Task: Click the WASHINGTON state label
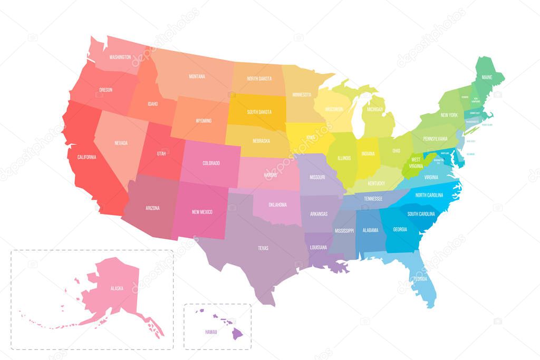pyautogui.click(x=120, y=57)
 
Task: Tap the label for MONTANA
pyautogui.click(x=197, y=76)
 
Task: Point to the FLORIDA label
pyautogui.click(x=420, y=278)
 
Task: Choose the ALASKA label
pyautogui.click(x=117, y=288)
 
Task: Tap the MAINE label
pyautogui.click(x=487, y=77)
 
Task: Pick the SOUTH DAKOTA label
pyautogui.click(x=259, y=112)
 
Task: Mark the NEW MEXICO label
pyautogui.click(x=202, y=212)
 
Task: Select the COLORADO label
pyautogui.click(x=211, y=163)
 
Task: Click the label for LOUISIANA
pyautogui.click(x=319, y=247)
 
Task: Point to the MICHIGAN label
pyautogui.click(x=375, y=110)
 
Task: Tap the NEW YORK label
pyautogui.click(x=449, y=115)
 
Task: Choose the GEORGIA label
pyautogui.click(x=400, y=229)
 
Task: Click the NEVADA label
pyautogui.click(x=121, y=143)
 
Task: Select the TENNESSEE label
pyautogui.click(x=373, y=199)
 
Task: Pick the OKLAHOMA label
pyautogui.click(x=277, y=205)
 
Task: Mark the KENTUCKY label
pyautogui.click(x=377, y=183)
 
